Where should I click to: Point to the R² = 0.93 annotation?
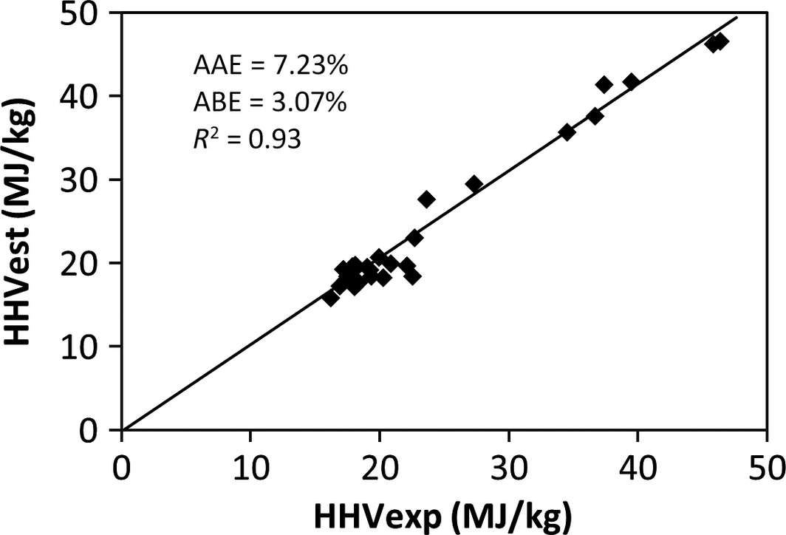pos(247,138)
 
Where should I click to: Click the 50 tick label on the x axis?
pos(766,467)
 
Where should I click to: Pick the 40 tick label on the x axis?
pos(638,467)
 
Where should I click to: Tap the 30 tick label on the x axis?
pos(508,467)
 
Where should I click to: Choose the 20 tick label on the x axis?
pos(380,467)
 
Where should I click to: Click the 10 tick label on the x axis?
pos(250,467)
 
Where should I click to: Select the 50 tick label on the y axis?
pos(87,15)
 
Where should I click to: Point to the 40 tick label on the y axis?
pos(87,97)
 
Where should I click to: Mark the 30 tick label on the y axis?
pos(87,180)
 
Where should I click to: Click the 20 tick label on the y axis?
pos(87,264)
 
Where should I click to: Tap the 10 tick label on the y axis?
pos(87,347)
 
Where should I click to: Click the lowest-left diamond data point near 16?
pos(331,298)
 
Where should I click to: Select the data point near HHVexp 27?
pos(474,184)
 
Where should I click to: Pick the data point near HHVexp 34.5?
pos(567,132)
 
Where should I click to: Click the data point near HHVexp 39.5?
pos(631,81)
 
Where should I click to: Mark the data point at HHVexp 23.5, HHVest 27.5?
pos(426,199)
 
